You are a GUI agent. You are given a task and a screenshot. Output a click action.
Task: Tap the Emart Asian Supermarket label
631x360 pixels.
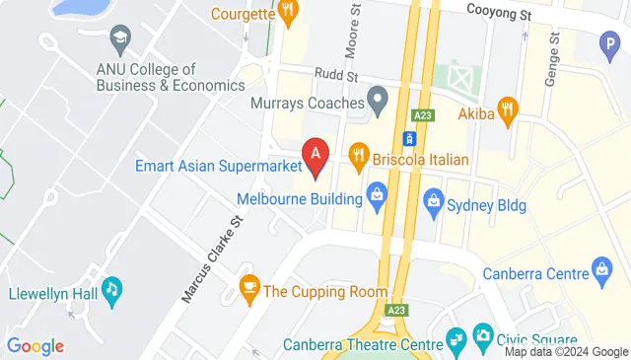[x=219, y=165]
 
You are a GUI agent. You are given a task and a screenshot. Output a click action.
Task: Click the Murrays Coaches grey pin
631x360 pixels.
[x=377, y=99]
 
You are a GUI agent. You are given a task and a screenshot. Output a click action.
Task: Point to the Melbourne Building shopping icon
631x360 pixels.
[x=376, y=194]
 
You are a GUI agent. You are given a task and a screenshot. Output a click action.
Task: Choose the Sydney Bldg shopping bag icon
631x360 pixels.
[x=432, y=204]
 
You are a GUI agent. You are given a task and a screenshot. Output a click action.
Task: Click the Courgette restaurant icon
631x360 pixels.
[x=288, y=13]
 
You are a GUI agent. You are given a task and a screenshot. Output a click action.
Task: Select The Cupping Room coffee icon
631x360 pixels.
[x=248, y=289]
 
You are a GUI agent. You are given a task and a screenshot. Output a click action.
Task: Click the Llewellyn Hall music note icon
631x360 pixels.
[x=114, y=289]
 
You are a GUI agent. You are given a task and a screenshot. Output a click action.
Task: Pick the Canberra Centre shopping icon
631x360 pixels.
[x=602, y=267]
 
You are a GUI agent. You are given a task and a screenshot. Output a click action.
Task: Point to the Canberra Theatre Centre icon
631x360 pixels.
[x=456, y=340]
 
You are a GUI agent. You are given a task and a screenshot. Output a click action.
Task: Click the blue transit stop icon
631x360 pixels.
[x=407, y=139]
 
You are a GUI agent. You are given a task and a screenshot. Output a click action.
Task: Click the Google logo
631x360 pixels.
[x=35, y=346]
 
